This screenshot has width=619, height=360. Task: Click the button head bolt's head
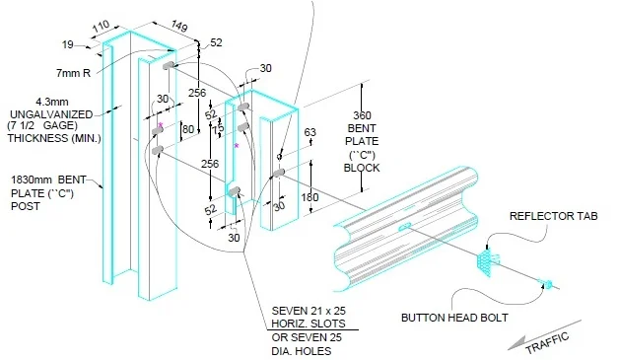tap(544, 285)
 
